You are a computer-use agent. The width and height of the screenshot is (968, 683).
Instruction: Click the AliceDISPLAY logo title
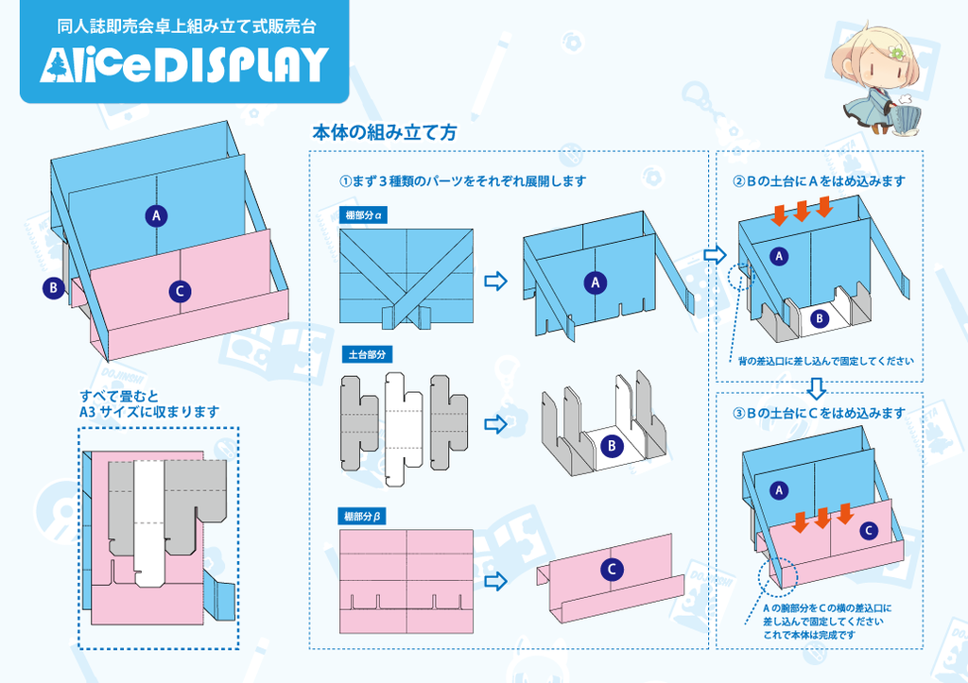[184, 65]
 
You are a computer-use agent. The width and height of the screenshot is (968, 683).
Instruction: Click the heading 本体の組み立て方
[384, 133]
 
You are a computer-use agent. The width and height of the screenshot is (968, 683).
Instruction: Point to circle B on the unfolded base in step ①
[612, 445]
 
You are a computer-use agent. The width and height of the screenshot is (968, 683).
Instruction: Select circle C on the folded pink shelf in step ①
[612, 570]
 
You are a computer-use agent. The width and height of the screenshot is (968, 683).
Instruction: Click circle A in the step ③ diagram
[780, 490]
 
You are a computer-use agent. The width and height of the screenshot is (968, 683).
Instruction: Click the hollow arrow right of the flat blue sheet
[495, 281]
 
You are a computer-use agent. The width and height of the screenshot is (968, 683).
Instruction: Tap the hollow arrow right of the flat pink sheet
[495, 581]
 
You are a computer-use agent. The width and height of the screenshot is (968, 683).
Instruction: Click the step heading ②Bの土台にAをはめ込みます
[820, 181]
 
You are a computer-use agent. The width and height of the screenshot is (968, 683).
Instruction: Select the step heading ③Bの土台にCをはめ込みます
[820, 414]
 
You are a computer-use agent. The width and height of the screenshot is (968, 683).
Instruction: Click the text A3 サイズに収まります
[149, 412]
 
